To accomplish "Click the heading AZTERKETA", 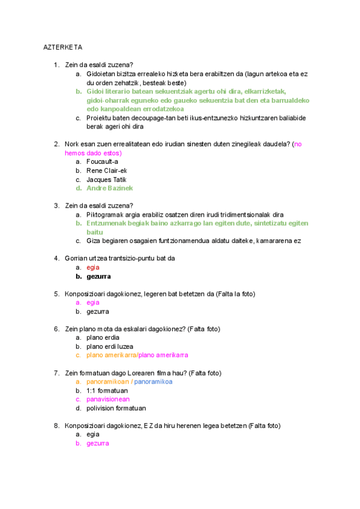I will (x=62, y=47).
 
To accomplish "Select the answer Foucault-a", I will (x=102, y=161).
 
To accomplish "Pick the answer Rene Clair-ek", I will (x=107, y=170).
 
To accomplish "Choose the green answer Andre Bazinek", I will (x=110, y=188).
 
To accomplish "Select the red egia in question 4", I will (x=93, y=268).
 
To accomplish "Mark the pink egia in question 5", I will (x=93, y=303).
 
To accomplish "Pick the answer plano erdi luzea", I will (x=110, y=346).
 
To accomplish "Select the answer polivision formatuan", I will (x=116, y=408).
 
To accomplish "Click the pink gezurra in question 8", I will (x=98, y=443).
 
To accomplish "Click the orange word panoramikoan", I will (x=108, y=382).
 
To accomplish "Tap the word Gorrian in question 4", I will (x=76, y=259).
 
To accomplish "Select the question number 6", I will (x=56, y=329).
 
